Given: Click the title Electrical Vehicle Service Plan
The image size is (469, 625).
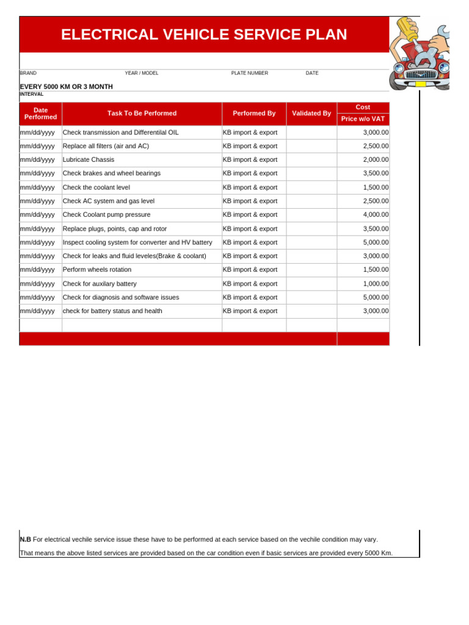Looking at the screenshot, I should [204, 35].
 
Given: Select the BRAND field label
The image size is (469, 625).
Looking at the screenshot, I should [28, 73].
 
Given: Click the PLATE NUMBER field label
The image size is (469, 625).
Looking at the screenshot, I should [249, 73].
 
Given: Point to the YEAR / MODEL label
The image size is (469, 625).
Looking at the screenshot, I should [141, 73].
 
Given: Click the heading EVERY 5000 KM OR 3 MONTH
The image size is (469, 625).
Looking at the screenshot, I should [66, 87].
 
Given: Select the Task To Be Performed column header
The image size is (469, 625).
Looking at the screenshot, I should [142, 114].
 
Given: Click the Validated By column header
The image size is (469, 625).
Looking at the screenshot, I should [311, 114].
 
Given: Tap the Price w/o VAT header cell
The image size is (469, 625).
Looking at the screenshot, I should [363, 119].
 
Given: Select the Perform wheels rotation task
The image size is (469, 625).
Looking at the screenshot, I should [97, 270].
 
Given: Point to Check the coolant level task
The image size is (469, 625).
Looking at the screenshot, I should [96, 187].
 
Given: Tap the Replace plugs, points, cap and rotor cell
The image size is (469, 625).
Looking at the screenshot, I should [115, 229].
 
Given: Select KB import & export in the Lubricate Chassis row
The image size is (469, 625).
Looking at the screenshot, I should [250, 160].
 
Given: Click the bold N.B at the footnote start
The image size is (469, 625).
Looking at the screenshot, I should [25, 540].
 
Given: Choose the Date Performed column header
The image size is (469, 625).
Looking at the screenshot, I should [40, 114].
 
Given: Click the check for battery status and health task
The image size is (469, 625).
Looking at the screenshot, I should [112, 311].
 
